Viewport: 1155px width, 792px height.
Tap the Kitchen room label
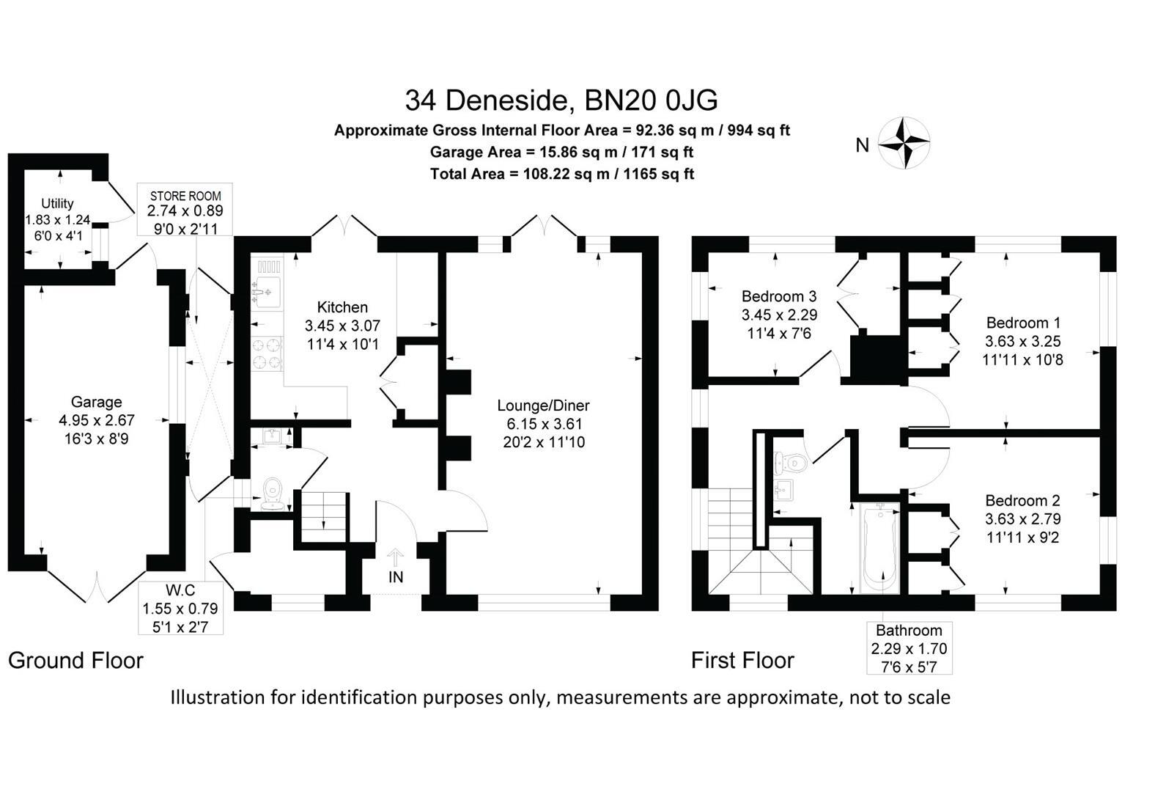pyautogui.click(x=342, y=307)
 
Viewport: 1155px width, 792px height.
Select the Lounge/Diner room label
pyautogui.click(x=543, y=406)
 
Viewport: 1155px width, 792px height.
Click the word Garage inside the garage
pyautogui.click(x=96, y=402)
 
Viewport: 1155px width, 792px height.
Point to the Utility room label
pyautogui.click(x=57, y=203)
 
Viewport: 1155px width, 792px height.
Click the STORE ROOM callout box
pyautogui.click(x=185, y=210)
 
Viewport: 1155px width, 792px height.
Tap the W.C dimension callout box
pyautogui.click(x=180, y=608)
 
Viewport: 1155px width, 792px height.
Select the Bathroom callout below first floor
pyautogui.click(x=909, y=648)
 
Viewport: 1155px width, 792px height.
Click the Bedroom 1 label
pyautogui.click(x=1023, y=323)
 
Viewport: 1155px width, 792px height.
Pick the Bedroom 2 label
pyautogui.click(x=1022, y=501)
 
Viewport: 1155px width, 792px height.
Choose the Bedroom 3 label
pyautogui.click(x=779, y=296)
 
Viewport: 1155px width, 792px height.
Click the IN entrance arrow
pyautogui.click(x=395, y=565)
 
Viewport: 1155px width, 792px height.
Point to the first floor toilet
pyautogui.click(x=791, y=463)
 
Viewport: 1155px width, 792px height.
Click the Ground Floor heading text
pyautogui.click(x=75, y=660)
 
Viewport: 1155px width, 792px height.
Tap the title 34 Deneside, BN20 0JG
pyautogui.click(x=561, y=100)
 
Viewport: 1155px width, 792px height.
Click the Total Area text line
pyautogui.click(x=561, y=174)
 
